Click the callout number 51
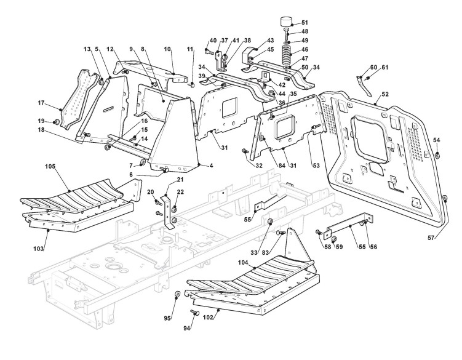(305, 22)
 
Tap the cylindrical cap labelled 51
(286, 22)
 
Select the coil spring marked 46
(285, 56)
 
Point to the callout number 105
(50, 166)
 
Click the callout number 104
(243, 262)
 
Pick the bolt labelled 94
(194, 312)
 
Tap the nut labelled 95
(177, 294)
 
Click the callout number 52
(385, 94)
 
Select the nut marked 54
(437, 154)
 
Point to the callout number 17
(41, 103)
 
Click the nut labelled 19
(56, 122)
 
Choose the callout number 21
(180, 180)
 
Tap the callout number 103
(39, 249)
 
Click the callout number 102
(209, 318)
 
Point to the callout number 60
(373, 67)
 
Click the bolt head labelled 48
(287, 30)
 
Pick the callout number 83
(266, 252)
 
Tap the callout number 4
(211, 166)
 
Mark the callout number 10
(167, 49)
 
